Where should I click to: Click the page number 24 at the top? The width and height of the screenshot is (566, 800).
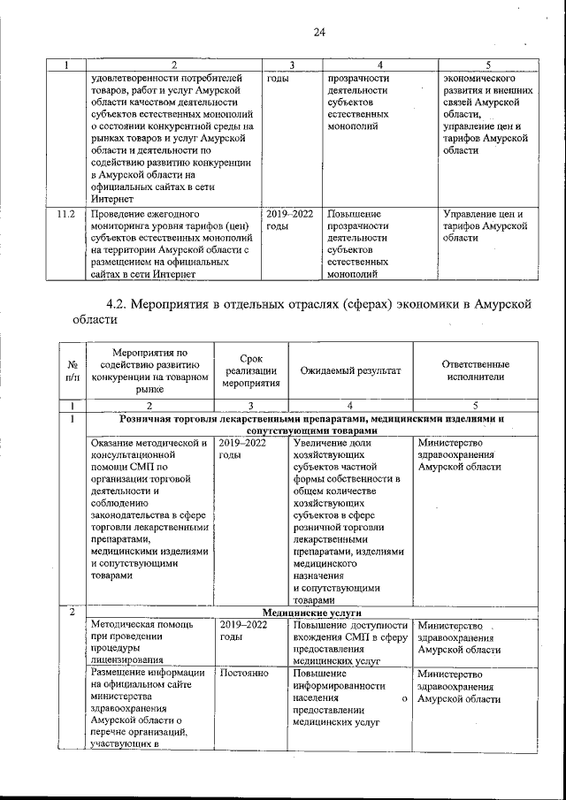point(319,33)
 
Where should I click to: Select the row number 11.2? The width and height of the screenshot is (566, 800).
point(65,214)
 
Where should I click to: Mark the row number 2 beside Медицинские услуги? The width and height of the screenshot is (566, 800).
point(71,613)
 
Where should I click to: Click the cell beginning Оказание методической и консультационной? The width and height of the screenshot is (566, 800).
point(149,508)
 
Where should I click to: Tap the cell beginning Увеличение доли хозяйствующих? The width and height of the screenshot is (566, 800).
point(348,521)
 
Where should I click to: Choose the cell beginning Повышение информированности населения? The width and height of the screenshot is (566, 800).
point(348,697)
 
